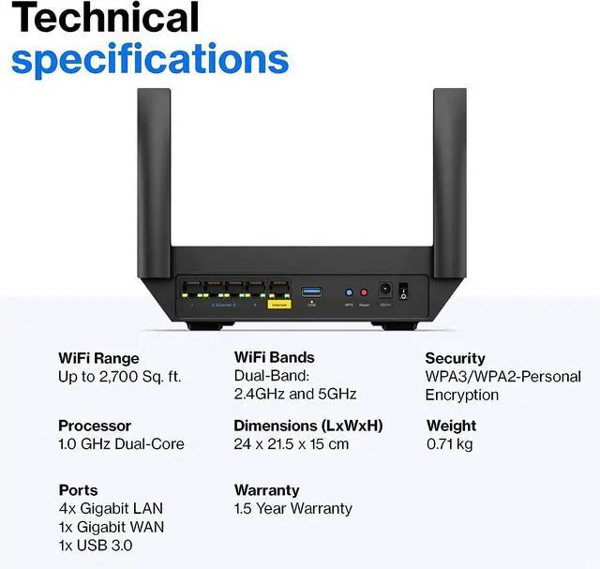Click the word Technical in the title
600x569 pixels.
106,18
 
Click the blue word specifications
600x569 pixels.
150,58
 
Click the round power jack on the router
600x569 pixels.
383,292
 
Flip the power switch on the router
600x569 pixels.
404,292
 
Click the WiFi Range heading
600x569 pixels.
98,358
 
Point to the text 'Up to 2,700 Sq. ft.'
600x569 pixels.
120,377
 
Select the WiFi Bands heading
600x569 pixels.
274,357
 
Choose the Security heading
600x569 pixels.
455,358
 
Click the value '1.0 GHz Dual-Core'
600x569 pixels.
121,444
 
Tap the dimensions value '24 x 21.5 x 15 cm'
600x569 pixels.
291,444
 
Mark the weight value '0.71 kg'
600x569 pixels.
448,444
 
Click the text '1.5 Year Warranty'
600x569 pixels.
292,509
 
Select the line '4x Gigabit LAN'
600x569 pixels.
110,509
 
